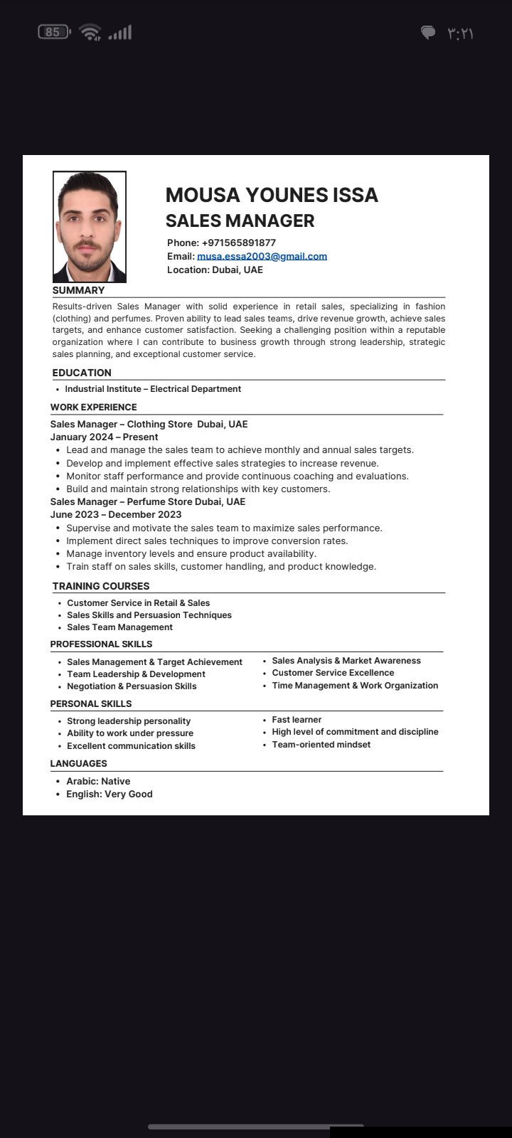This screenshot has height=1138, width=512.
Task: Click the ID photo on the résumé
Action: (90, 227)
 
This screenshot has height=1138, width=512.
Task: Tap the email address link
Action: (262, 256)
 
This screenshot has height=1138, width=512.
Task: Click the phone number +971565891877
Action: (238, 243)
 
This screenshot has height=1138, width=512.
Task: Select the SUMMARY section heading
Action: (78, 290)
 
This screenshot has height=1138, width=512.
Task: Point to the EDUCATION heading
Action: (82, 373)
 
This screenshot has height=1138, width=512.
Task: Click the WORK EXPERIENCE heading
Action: (93, 407)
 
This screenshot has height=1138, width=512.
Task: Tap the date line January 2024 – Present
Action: (104, 437)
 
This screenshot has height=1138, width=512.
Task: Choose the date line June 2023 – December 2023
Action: (116, 514)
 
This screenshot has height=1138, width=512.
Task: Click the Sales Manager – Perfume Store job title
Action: (147, 501)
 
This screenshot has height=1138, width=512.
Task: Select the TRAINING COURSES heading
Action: (101, 586)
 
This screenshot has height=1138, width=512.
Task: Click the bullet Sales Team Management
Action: (119, 627)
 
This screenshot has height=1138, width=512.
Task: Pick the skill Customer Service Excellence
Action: (333, 673)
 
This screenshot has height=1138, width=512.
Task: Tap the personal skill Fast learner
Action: (297, 720)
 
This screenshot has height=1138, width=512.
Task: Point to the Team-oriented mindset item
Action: (321, 745)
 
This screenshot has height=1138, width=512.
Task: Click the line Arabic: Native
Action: (98, 781)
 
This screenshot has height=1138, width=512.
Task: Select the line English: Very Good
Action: (110, 794)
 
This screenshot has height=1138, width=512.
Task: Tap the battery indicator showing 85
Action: (54, 32)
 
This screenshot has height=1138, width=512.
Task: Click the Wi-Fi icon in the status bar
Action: (90, 32)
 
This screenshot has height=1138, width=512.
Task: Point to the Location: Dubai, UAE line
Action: (215, 270)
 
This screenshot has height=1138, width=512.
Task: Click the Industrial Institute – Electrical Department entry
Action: (153, 389)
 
